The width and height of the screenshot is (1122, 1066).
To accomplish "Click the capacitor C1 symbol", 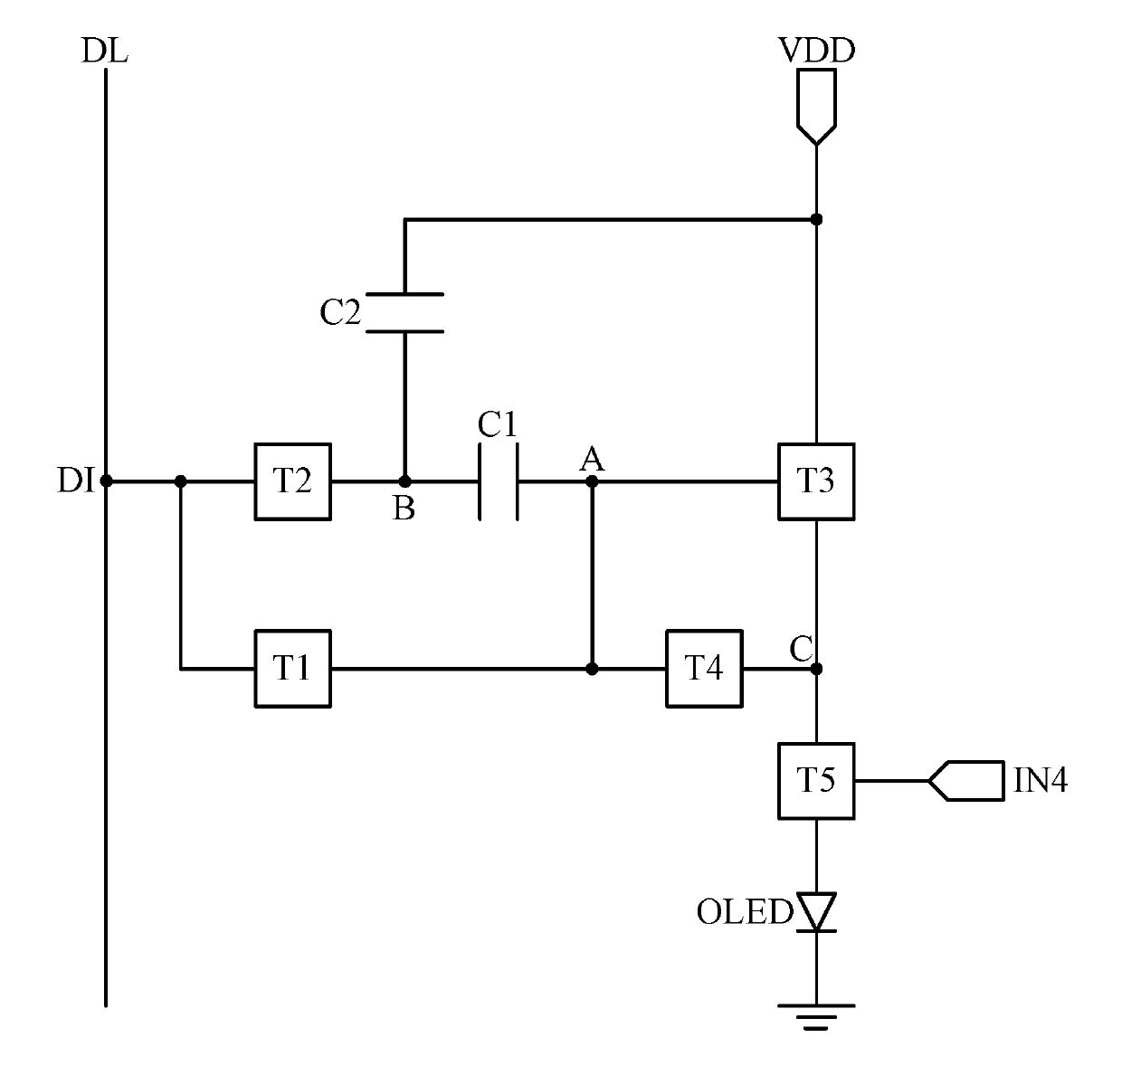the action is (x=499, y=482).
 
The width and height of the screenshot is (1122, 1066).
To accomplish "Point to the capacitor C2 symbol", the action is (x=404, y=313).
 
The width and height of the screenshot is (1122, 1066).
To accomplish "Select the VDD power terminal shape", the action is (x=816, y=107).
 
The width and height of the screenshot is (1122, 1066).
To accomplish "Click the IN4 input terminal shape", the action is (x=966, y=781).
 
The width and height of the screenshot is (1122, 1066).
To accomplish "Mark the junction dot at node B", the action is (x=404, y=481).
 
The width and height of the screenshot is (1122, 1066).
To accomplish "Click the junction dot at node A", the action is (x=592, y=481).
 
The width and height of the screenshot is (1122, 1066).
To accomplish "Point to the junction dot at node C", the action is (x=816, y=669).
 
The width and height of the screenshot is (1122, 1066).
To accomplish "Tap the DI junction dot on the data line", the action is (x=106, y=481).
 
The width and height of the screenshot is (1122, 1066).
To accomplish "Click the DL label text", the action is (x=105, y=51).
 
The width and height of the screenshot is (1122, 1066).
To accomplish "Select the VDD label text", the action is (x=817, y=51).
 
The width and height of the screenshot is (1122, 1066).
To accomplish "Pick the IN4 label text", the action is (x=1040, y=781).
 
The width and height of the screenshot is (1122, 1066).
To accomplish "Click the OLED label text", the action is (x=745, y=912).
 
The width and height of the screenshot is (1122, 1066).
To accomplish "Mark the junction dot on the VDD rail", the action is (x=816, y=219).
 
